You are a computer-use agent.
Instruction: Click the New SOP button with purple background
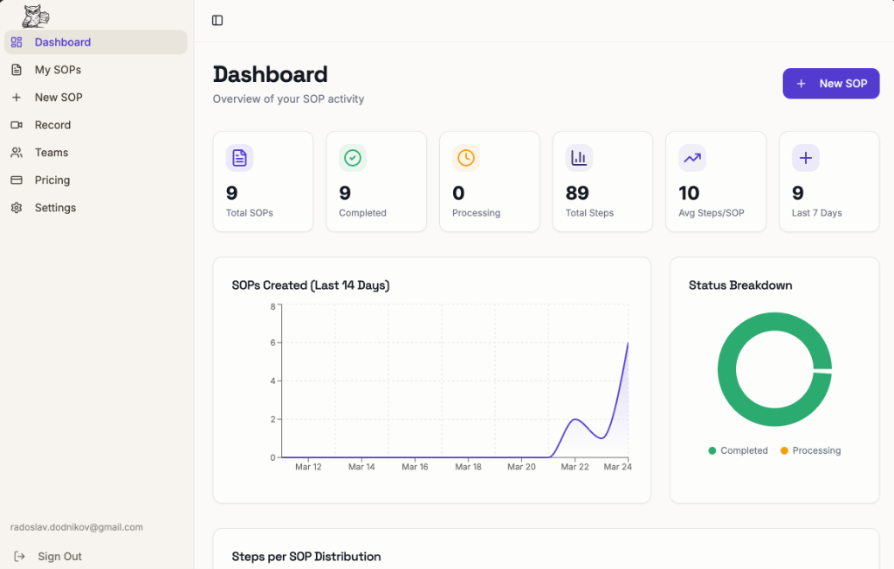pyautogui.click(x=830, y=84)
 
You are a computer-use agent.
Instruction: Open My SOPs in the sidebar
pyautogui.click(x=58, y=70)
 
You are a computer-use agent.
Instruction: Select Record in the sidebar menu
pyautogui.click(x=52, y=125)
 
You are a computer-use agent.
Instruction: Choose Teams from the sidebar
pyautogui.click(x=52, y=153)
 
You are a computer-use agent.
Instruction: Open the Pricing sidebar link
pyautogui.click(x=52, y=181)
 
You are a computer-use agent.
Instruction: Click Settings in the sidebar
pyautogui.click(x=55, y=208)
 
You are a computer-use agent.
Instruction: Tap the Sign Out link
pyautogui.click(x=59, y=557)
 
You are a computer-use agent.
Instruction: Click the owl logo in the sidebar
pyautogui.click(x=35, y=16)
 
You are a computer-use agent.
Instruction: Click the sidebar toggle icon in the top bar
pyautogui.click(x=217, y=20)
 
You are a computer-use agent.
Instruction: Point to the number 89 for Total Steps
pyautogui.click(x=577, y=193)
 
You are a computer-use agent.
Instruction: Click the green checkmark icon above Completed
pyautogui.click(x=353, y=158)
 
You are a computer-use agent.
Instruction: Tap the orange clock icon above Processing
pyautogui.click(x=466, y=158)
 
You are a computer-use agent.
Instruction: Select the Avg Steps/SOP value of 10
pyautogui.click(x=689, y=193)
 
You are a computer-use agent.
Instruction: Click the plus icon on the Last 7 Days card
pyautogui.click(x=805, y=158)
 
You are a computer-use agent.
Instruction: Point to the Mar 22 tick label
pyautogui.click(x=574, y=468)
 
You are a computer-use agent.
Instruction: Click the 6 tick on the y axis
pyautogui.click(x=272, y=343)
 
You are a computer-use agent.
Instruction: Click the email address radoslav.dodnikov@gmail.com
pyautogui.click(x=77, y=527)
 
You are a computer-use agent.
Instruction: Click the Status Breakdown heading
pyautogui.click(x=740, y=285)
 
